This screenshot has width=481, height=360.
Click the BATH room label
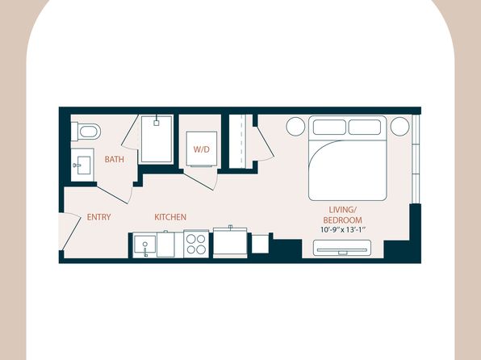coord(114,159)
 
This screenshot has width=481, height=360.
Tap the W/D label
coord(201,149)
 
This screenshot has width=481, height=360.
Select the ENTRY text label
coord(98,217)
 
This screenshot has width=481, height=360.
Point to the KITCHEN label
coord(170,217)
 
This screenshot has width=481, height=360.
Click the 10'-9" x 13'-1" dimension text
coord(343,229)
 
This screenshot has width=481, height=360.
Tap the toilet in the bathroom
coord(86,132)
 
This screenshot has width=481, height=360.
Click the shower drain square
coord(157,123)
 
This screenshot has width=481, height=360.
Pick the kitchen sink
coord(144,245)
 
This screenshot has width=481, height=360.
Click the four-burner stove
coord(196,244)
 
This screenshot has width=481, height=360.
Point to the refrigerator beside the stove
coord(230,242)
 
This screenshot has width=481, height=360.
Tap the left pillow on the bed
coord(329,127)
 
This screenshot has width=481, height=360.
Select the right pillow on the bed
coord(365,127)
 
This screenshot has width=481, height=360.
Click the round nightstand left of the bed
coord(295,127)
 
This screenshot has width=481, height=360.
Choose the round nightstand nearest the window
coord(399,126)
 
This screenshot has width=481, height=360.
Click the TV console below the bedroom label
coord(342,248)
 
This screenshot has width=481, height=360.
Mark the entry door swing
coord(70,231)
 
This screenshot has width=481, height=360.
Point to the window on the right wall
coord(416,159)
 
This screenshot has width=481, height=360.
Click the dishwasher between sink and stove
coord(165,245)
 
